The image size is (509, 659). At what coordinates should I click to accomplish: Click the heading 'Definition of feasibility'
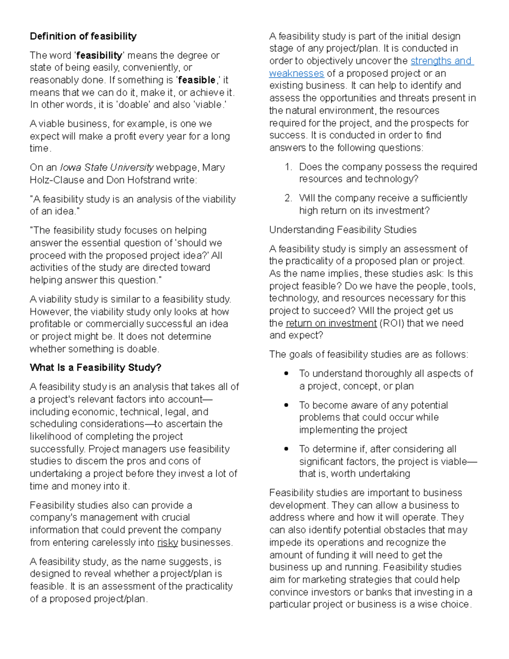(x=83, y=36)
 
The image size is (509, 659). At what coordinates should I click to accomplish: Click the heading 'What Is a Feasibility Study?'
(x=95, y=367)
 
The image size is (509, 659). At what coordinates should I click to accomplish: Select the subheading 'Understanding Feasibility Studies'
(x=343, y=230)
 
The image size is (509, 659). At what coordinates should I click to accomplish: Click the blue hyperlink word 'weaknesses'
(x=296, y=73)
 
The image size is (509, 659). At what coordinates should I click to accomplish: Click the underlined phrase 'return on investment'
(x=331, y=323)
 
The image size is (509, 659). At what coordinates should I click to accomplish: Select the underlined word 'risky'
(x=168, y=542)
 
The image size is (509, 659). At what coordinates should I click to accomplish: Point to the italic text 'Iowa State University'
(x=106, y=167)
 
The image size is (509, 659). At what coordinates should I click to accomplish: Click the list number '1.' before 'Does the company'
(x=288, y=167)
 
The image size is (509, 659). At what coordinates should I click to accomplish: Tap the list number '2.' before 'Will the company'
(x=288, y=198)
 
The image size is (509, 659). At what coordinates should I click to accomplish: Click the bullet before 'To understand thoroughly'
(x=287, y=373)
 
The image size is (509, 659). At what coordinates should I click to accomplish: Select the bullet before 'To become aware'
(x=287, y=405)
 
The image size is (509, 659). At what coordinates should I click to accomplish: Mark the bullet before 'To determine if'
(x=287, y=449)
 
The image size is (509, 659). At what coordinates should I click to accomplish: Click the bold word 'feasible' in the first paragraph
(x=197, y=80)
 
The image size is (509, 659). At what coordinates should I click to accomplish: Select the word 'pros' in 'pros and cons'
(x=136, y=461)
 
